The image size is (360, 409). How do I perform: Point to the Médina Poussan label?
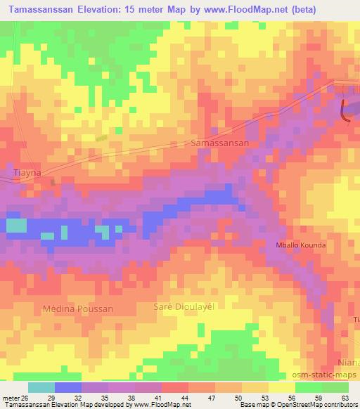(77, 308)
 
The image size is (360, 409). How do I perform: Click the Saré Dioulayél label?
(182, 307)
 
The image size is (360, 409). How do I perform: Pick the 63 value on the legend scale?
(345, 397)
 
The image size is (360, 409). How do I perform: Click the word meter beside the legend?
(11, 397)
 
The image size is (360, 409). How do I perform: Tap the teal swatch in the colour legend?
(41, 387)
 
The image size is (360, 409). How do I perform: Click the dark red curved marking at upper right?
(345, 111)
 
